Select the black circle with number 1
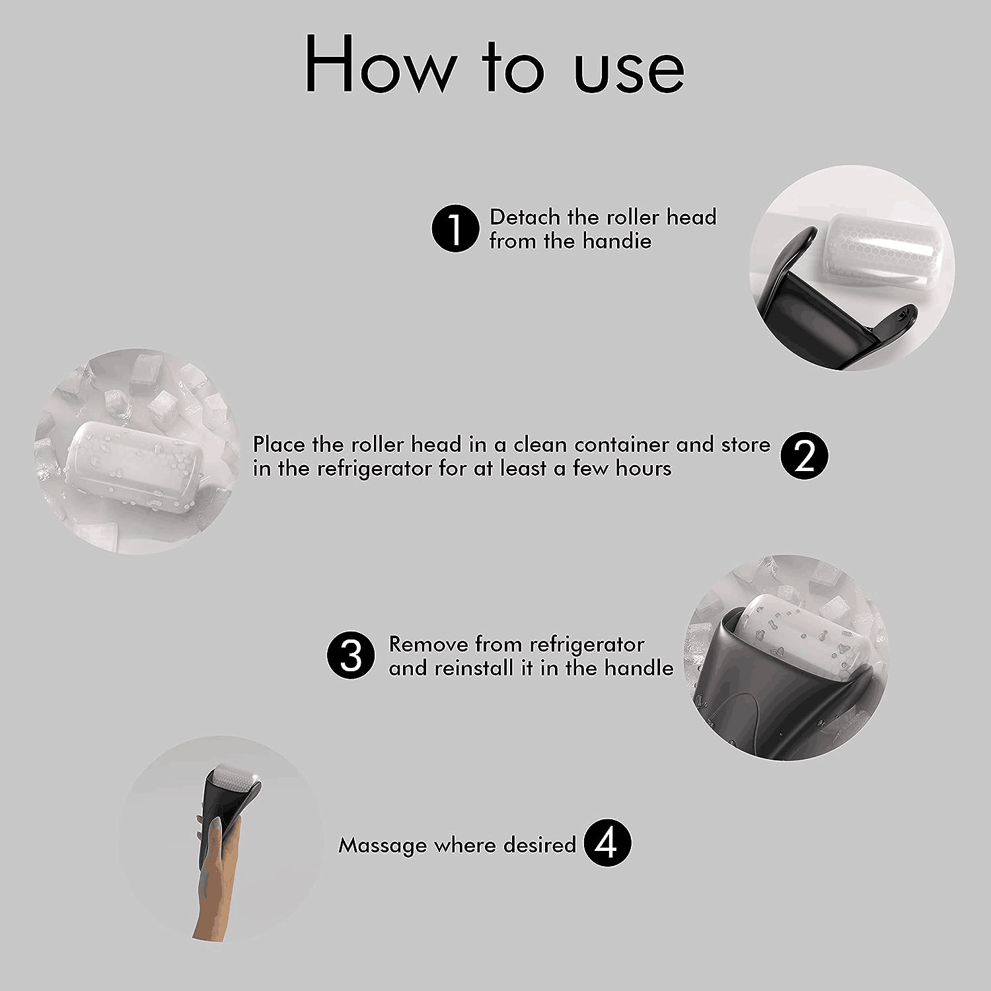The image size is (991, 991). coord(455,228)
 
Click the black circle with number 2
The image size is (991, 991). coord(804,456)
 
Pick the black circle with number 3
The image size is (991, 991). coord(351,656)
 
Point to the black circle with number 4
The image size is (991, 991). coord(608,843)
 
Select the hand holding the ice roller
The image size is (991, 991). coord(214,872)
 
